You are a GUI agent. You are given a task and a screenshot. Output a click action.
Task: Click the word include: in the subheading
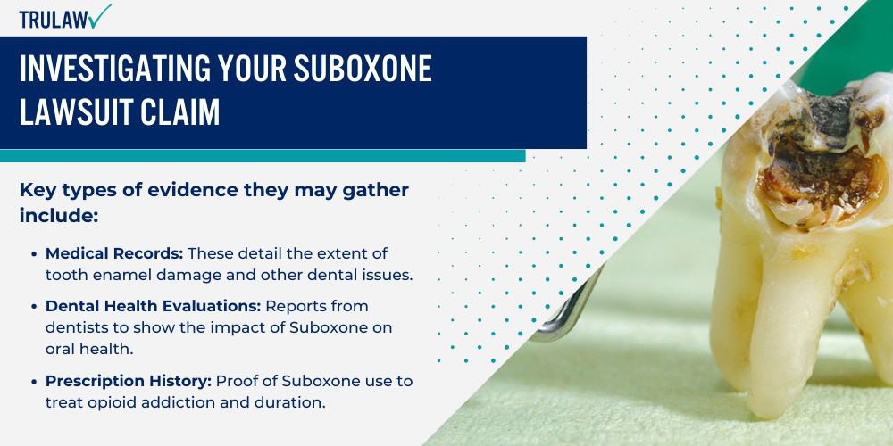tap(59, 216)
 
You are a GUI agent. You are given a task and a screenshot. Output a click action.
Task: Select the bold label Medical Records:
tap(114, 254)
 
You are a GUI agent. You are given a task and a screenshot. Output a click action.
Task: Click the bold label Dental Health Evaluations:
tap(142, 306)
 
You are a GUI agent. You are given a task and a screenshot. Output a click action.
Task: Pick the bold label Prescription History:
tap(128, 380)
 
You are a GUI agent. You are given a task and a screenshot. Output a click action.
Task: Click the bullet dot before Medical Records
tap(34, 254)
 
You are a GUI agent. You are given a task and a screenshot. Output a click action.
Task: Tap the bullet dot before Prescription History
tap(34, 381)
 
